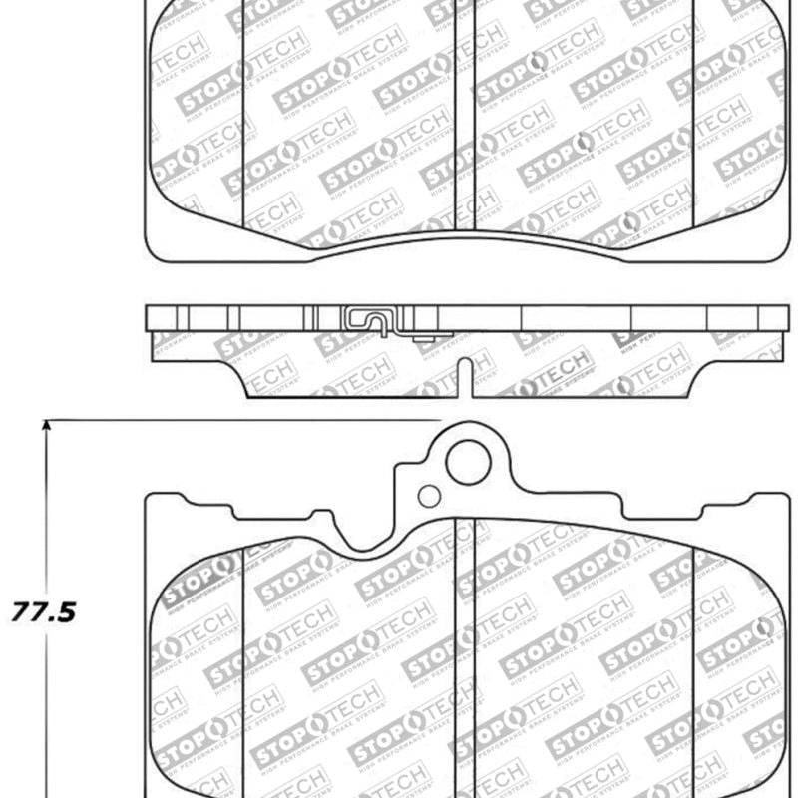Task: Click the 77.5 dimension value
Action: (x=44, y=611)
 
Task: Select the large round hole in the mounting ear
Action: (x=468, y=462)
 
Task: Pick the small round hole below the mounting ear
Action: (x=428, y=496)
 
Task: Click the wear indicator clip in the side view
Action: (x=371, y=320)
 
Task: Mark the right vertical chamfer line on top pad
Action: (x=693, y=110)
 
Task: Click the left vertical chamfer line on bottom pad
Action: (x=244, y=668)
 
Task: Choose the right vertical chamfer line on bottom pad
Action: (x=693, y=668)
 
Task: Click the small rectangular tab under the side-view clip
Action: (x=427, y=342)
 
